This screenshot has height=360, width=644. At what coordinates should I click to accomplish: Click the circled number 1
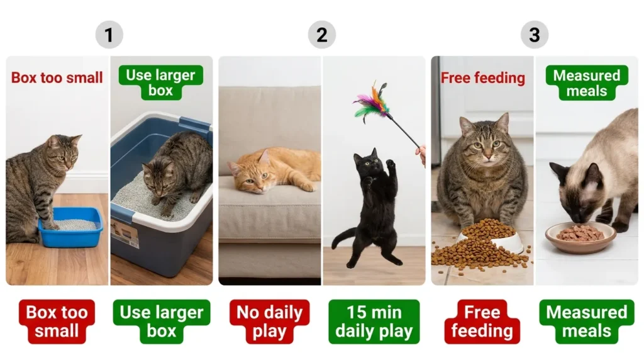tap(109, 35)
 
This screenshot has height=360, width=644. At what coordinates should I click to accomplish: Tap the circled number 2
tap(321, 35)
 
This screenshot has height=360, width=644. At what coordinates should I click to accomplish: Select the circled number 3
tap(534, 35)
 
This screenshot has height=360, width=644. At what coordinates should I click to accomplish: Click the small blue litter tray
tap(70, 227)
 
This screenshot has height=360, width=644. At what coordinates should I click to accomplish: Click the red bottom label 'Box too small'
tap(57, 322)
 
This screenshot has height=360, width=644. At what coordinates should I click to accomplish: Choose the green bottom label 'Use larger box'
tap(162, 322)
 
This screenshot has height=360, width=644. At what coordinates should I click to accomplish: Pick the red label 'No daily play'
tap(269, 322)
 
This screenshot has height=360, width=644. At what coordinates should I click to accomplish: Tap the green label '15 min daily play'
tap(374, 322)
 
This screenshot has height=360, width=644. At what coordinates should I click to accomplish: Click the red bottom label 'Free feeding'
tap(482, 322)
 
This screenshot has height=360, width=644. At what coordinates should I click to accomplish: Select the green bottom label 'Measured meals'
tap(587, 322)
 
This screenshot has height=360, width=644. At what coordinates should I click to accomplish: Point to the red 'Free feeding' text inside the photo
tap(482, 78)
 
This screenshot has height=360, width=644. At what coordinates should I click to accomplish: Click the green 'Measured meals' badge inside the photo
tap(587, 82)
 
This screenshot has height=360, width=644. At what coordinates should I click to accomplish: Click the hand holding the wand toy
tap(421, 153)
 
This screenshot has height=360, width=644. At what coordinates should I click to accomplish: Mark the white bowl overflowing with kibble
tap(503, 239)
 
